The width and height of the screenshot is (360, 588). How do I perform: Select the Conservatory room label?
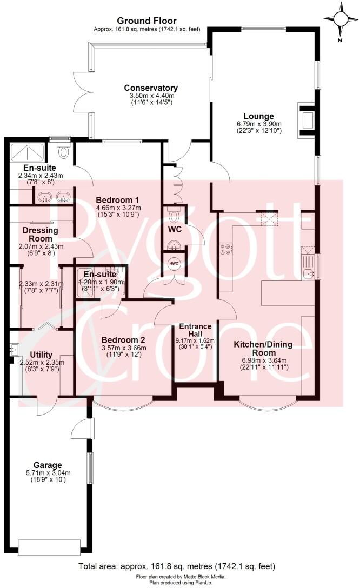pyautogui.click(x=151, y=88)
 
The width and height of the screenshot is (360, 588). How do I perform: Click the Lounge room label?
pyautogui.click(x=258, y=116)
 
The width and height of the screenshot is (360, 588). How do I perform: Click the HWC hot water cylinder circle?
pyautogui.click(x=174, y=263)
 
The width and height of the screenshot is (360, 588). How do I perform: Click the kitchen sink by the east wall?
pyautogui.click(x=310, y=273)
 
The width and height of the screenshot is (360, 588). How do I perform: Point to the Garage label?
pyautogui.click(x=48, y=465)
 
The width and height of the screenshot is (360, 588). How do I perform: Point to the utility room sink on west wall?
pyautogui.click(x=14, y=350)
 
